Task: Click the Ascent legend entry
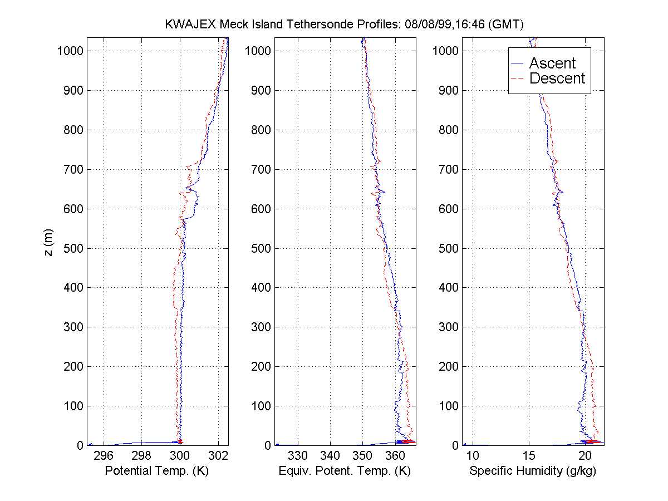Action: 552,63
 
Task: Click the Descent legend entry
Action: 557,78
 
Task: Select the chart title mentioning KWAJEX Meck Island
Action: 345,24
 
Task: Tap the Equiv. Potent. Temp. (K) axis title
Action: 345,471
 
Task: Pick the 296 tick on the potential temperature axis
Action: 104,456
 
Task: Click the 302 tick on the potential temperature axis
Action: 218,456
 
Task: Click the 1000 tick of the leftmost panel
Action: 70,51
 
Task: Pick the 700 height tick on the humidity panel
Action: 451,169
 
